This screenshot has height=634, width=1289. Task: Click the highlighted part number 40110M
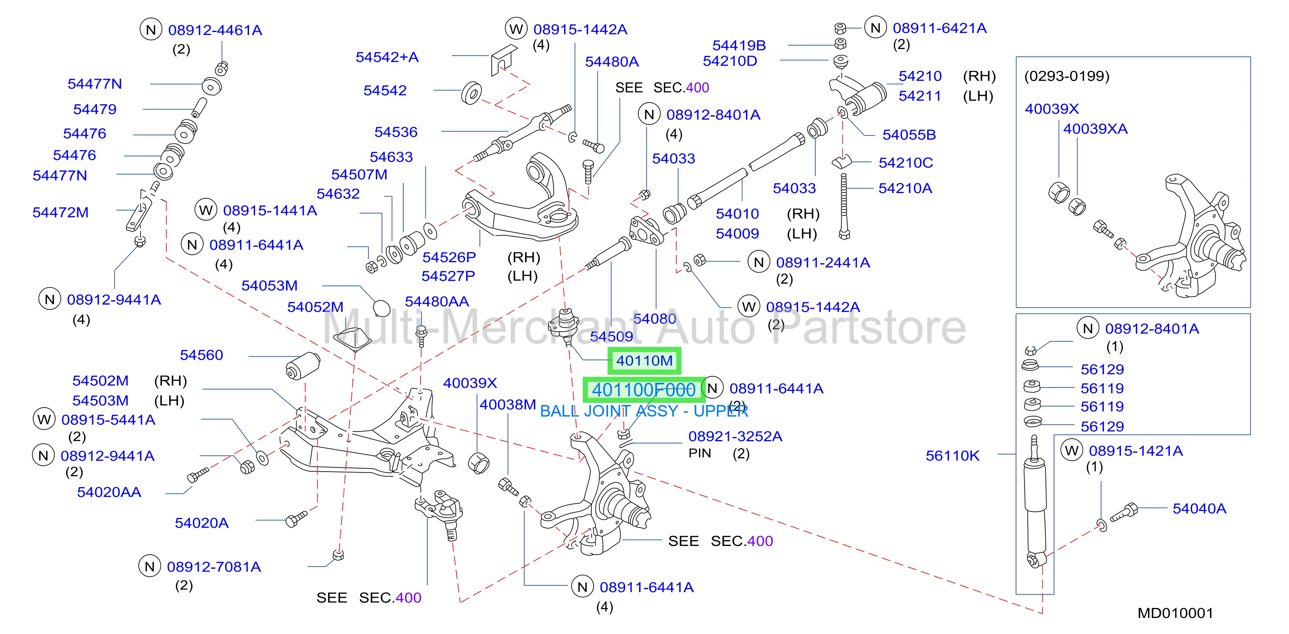(x=644, y=360)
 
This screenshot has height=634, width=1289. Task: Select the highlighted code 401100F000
(x=643, y=390)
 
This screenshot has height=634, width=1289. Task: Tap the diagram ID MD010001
(x=1175, y=613)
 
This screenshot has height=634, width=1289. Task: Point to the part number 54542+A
(x=387, y=57)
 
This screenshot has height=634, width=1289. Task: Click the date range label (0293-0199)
(x=1066, y=76)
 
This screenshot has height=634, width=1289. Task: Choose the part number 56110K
(x=952, y=456)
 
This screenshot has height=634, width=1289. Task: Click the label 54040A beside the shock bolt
(x=1199, y=508)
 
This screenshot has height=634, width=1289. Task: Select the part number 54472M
(x=60, y=212)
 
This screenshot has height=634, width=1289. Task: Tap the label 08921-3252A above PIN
(x=735, y=436)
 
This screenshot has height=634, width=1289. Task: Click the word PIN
(x=699, y=453)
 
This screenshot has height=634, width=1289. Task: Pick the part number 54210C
(x=906, y=163)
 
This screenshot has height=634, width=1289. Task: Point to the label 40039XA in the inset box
(x=1095, y=129)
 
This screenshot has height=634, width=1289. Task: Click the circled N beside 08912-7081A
(x=149, y=566)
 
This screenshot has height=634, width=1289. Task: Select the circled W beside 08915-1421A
(x=1072, y=450)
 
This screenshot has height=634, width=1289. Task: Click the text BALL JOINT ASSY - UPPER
(x=643, y=411)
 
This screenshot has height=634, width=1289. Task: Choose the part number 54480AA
(x=436, y=301)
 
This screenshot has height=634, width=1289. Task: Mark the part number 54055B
(x=909, y=135)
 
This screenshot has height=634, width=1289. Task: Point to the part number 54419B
(x=739, y=46)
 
